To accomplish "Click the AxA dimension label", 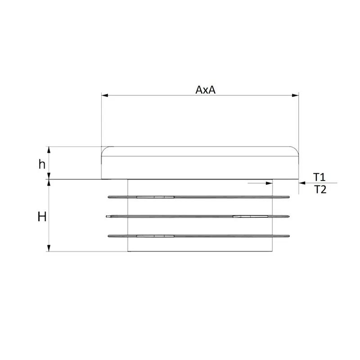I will tap(206, 90).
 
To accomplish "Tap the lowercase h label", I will tap(41, 164).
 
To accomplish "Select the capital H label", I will tap(42, 217).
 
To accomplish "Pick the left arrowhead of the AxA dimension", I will tap(104, 95).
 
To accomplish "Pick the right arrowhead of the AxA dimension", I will tap(296, 95).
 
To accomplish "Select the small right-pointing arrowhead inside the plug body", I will tap(270, 183).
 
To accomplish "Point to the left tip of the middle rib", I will tap(107, 217).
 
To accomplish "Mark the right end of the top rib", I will tap(288, 197).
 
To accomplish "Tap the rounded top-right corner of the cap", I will tap(296, 149).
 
